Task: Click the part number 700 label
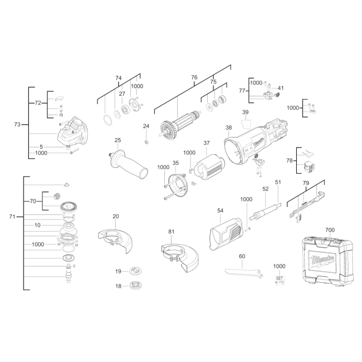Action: click(x=330, y=230)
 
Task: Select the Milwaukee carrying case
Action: click(x=328, y=261)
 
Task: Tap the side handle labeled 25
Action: click(x=128, y=164)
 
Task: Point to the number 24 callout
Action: click(x=146, y=126)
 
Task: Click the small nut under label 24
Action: click(x=146, y=142)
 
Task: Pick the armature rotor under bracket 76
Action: click(x=179, y=124)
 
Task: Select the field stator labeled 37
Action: click(x=208, y=167)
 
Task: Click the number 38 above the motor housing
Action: click(x=228, y=128)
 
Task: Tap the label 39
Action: click(x=246, y=112)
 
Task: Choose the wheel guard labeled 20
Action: click(x=115, y=241)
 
